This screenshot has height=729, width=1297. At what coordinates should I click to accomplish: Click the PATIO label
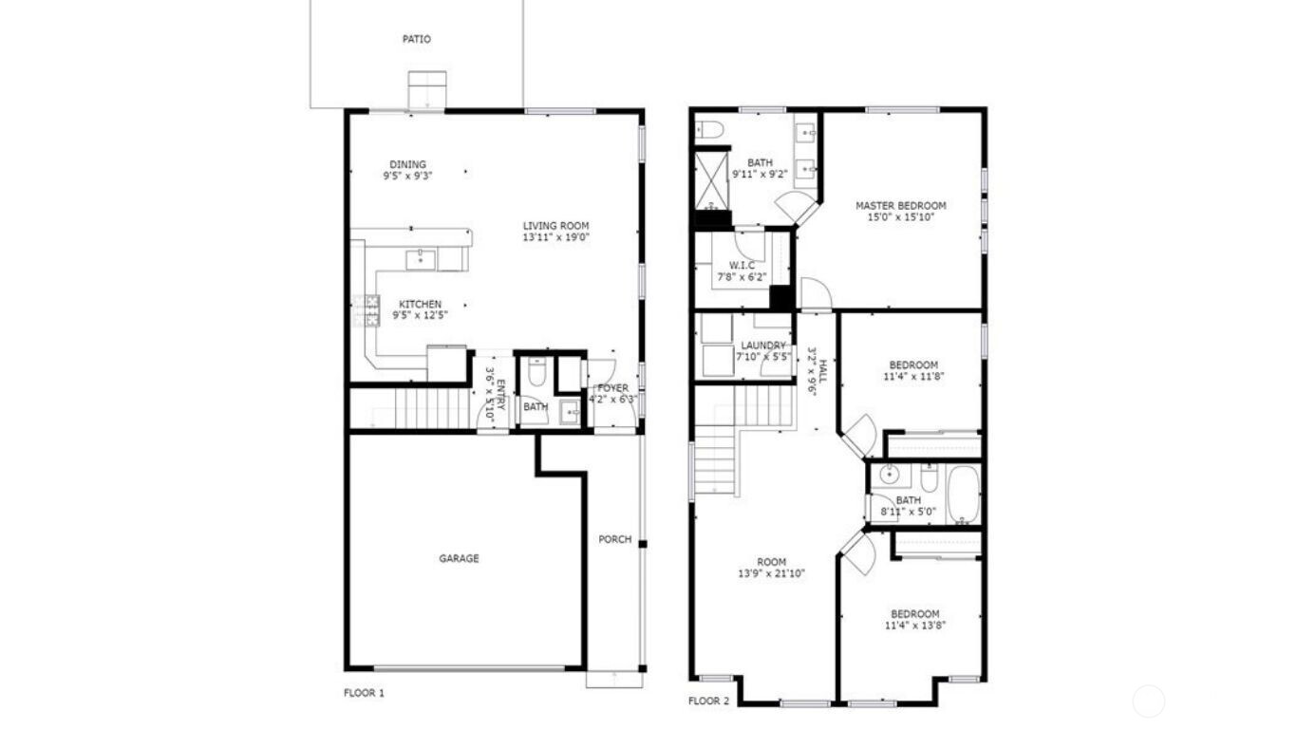pos(416,40)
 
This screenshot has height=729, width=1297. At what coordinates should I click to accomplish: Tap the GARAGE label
pos(459,559)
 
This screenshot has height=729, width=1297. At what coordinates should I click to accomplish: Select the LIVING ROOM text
pos(556,226)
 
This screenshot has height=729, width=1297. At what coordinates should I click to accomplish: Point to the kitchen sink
pos(421,258)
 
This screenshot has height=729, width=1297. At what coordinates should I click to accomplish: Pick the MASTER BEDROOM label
pos(900,206)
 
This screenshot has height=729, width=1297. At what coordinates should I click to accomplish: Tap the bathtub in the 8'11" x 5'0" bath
pos(963,494)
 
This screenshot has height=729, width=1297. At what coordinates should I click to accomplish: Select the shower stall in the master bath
pos(710,179)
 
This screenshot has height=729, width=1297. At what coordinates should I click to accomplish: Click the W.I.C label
pos(742,265)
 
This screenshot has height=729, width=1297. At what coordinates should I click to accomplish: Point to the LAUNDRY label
pos(762,346)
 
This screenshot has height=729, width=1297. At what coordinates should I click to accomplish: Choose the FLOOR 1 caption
pos(364,693)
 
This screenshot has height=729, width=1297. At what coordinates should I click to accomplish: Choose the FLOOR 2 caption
pos(708,701)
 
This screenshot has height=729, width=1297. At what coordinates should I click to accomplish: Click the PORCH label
pos(614,540)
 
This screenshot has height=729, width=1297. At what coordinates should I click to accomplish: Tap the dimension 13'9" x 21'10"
pos(772,573)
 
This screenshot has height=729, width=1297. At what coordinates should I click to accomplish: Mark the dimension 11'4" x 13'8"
pos(914,625)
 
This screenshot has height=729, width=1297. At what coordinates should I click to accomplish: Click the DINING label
pos(407,164)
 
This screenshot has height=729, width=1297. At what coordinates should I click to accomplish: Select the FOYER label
pos(612,388)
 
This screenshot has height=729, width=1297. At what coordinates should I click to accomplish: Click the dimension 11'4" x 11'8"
pos(913,376)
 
